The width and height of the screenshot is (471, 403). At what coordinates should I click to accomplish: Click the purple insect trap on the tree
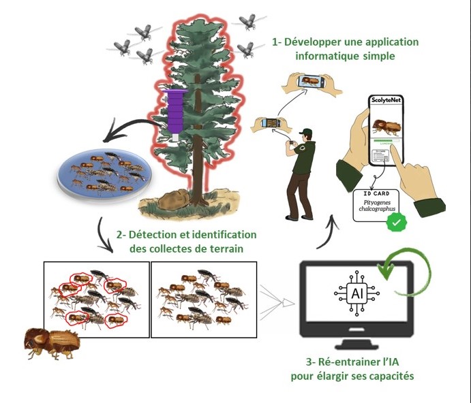[176, 112]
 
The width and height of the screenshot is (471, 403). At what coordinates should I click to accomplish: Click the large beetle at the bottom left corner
[51, 341]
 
